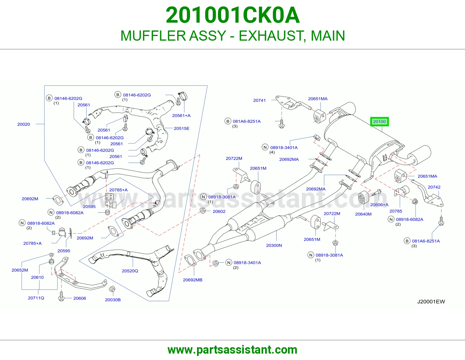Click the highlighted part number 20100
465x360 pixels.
(x=379, y=122)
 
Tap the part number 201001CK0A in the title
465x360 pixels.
(x=233, y=15)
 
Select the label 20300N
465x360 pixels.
(x=274, y=245)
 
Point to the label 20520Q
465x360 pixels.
(x=130, y=271)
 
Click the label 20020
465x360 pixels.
(x=24, y=124)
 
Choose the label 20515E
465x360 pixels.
(x=181, y=129)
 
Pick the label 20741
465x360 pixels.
(x=259, y=100)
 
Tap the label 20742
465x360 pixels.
(x=434, y=187)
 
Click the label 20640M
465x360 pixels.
(x=363, y=214)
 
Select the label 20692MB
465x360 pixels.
(x=193, y=280)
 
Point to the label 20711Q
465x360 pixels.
(x=36, y=298)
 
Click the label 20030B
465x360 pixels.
(x=113, y=300)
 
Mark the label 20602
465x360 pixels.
(x=219, y=211)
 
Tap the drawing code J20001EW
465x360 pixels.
(x=431, y=302)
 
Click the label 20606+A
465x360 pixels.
(x=379, y=205)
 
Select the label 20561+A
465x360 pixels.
(x=181, y=116)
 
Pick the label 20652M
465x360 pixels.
(x=20, y=270)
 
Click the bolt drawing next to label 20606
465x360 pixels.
(x=61, y=296)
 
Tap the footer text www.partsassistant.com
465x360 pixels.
(x=233, y=350)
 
